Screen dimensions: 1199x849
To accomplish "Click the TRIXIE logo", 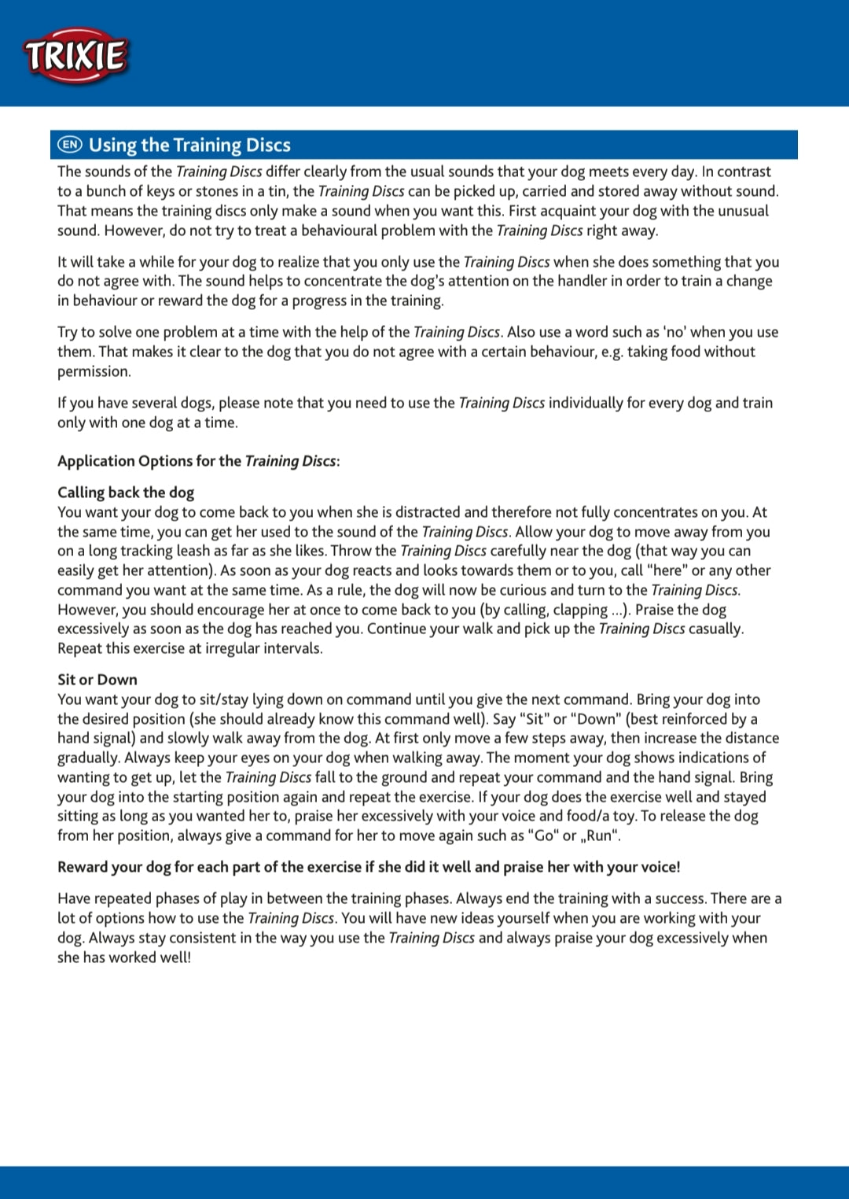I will tap(75, 56).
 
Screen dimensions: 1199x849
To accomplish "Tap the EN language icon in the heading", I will tap(70, 144).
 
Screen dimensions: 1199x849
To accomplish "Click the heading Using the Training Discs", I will tap(189, 145).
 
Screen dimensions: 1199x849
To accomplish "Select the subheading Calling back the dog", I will tap(126, 493).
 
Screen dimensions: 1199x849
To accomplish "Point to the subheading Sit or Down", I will tap(97, 680).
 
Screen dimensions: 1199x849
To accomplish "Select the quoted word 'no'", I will tap(674, 332).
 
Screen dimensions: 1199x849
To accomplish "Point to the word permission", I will tap(94, 371).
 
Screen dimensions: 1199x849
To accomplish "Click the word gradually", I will tap(88, 758).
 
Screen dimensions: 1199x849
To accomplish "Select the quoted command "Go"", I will tap(542, 836).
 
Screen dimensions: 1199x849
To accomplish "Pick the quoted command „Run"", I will tap(600, 836).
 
